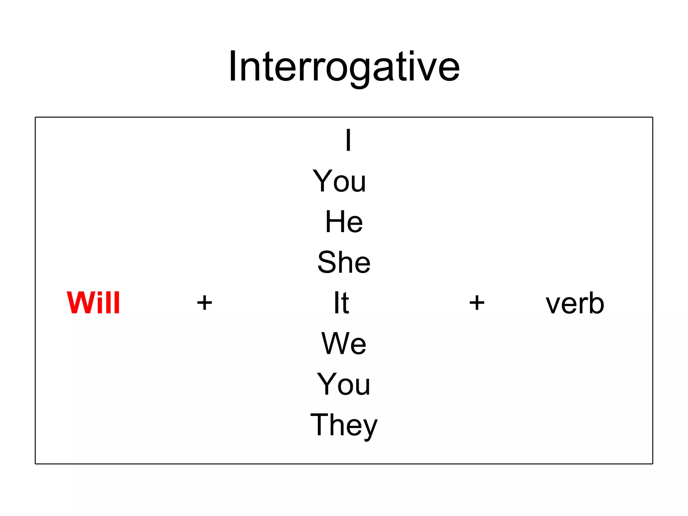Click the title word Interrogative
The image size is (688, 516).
(344, 67)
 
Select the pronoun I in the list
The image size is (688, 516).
(348, 140)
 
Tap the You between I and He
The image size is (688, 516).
(340, 181)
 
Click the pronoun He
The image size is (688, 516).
(344, 222)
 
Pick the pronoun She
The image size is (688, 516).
(344, 262)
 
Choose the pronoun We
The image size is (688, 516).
(344, 344)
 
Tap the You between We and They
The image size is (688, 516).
(344, 384)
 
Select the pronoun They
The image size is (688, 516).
(344, 425)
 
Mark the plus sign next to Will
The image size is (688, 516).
(205, 303)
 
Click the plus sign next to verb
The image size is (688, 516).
(477, 303)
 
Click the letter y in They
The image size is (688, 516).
(370, 428)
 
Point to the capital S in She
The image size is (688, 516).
(328, 262)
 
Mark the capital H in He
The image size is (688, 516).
(334, 222)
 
